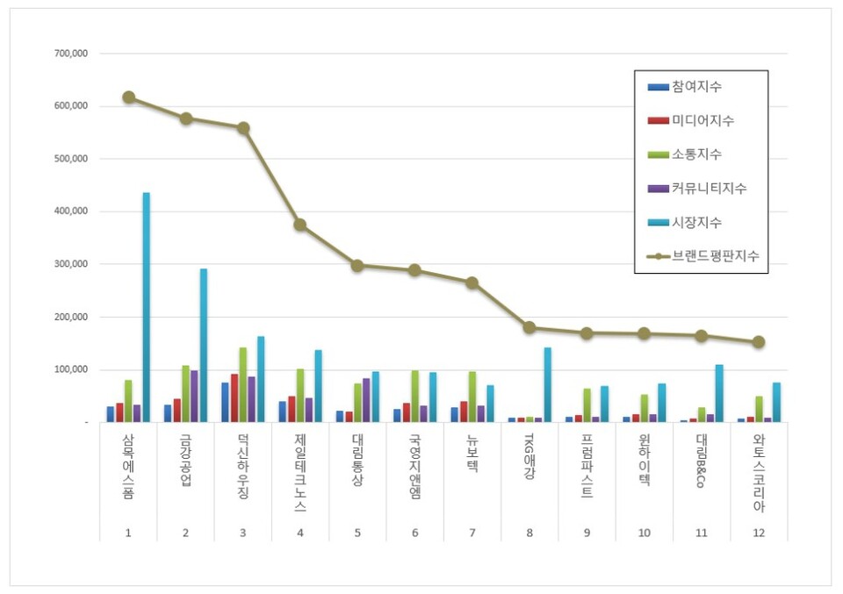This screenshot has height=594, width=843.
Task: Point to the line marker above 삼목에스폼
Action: click(129, 97)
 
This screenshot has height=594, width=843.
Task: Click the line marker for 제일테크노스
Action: click(300, 225)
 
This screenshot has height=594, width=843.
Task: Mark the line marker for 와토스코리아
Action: click(759, 342)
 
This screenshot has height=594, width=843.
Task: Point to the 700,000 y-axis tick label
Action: click(70, 54)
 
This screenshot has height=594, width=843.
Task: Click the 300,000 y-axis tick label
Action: click(70, 264)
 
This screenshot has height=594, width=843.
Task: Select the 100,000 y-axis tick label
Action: click(70, 369)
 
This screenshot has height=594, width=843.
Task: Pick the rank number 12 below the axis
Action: click(759, 533)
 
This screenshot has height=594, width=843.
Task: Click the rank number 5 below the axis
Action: click(357, 533)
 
